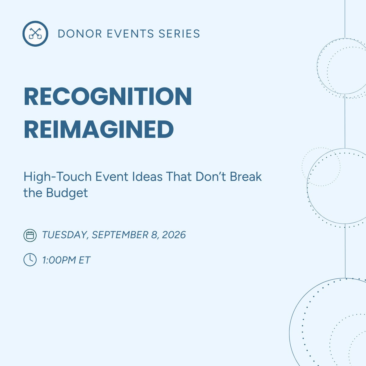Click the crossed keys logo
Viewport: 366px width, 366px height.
[35, 34]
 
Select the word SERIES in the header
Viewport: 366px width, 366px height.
[179, 34]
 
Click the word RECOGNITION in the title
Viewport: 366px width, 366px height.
[108, 97]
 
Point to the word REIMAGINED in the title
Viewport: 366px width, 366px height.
[99, 130]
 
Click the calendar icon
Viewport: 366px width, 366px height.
[30, 235]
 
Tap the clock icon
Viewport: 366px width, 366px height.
[30, 260]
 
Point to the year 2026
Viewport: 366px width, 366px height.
[174, 235]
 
